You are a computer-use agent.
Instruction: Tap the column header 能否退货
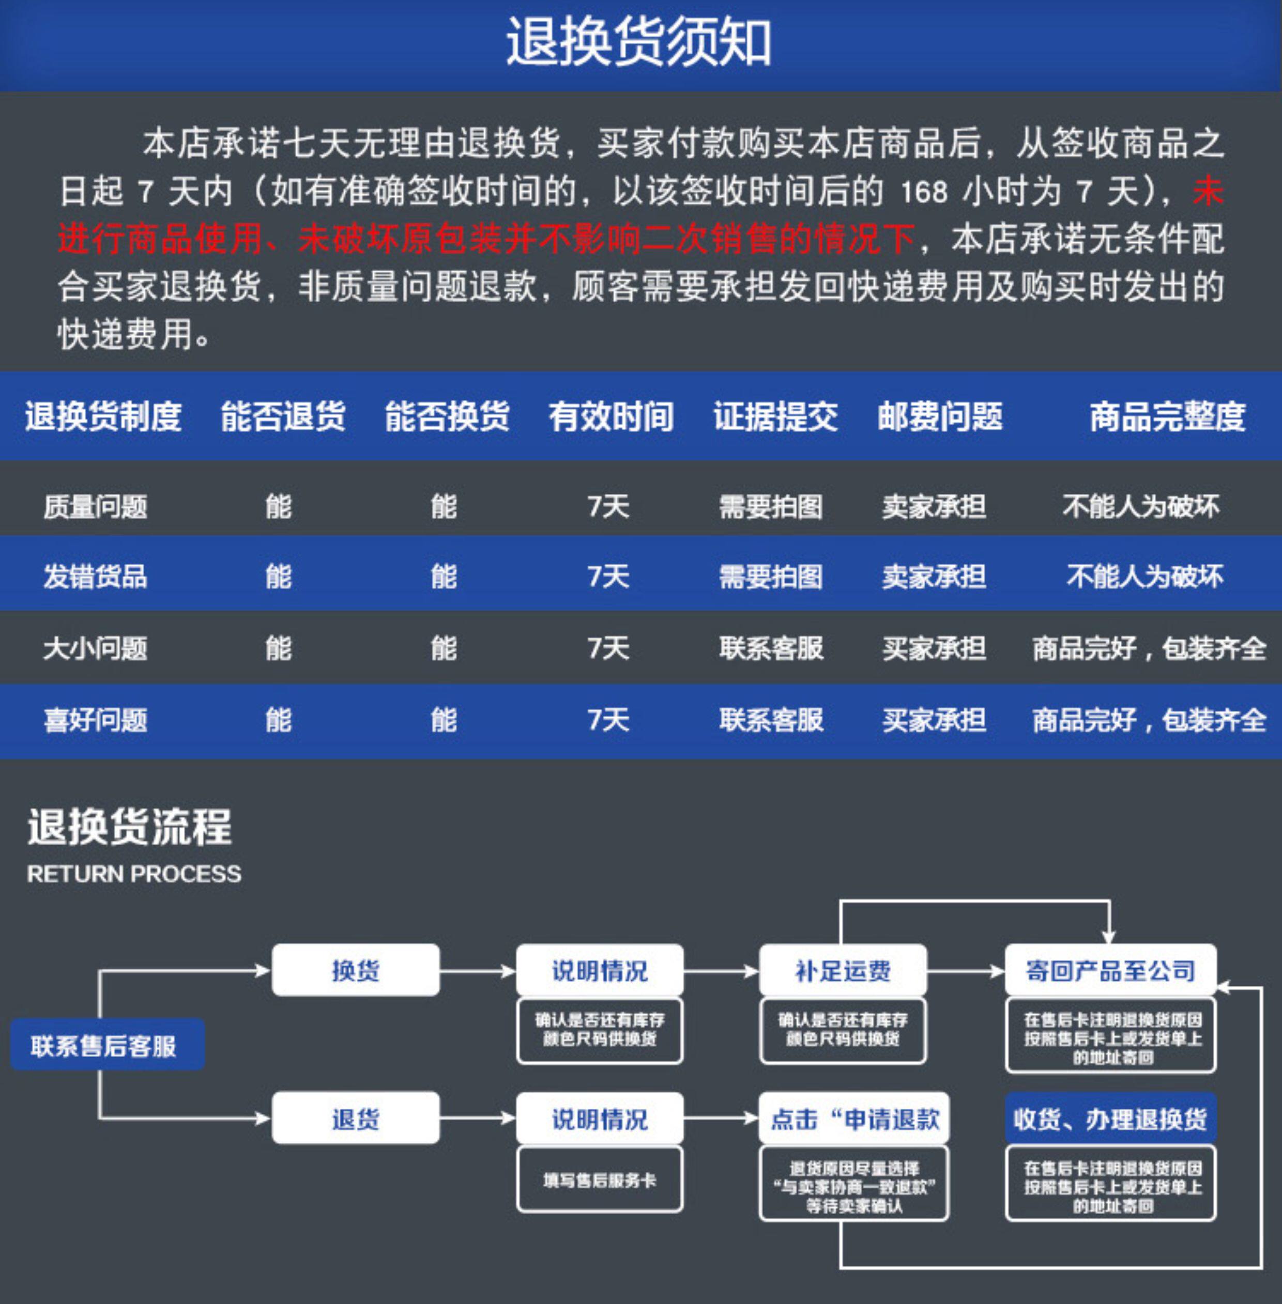(283, 416)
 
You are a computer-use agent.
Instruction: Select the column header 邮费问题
(940, 416)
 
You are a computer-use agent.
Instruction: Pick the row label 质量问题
(95, 507)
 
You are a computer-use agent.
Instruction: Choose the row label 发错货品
(95, 577)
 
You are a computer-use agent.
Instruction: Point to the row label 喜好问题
(95, 720)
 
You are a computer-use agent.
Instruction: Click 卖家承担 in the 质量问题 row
(934, 507)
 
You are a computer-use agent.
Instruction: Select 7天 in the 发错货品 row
(608, 577)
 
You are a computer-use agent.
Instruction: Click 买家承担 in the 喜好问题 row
(934, 720)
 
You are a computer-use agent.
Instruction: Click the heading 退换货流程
(129, 827)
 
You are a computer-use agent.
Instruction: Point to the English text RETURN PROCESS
(134, 874)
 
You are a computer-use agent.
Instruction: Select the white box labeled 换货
(356, 970)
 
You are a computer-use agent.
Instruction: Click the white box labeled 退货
(356, 1119)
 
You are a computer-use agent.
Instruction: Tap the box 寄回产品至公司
(1110, 970)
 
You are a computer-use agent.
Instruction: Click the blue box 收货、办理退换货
(1110, 1119)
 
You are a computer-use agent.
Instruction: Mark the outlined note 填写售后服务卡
(599, 1179)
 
